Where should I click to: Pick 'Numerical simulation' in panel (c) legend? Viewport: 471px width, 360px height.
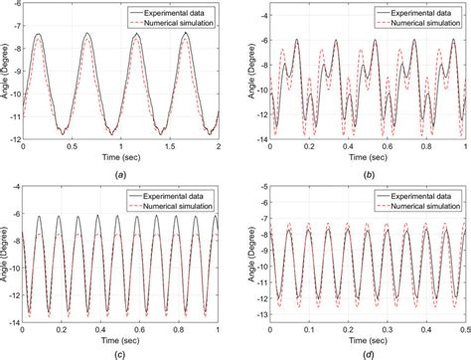click(182, 206)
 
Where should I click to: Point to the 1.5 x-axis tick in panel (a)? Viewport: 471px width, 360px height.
click(170, 145)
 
